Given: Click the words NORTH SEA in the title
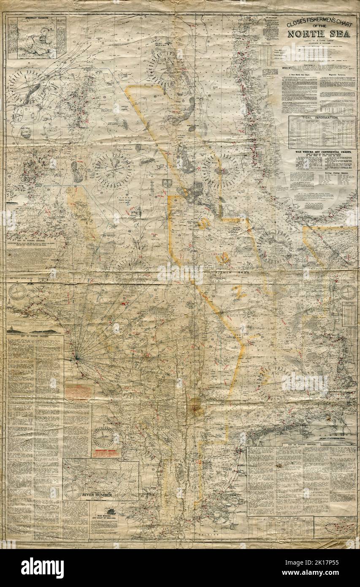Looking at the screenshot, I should (319, 34).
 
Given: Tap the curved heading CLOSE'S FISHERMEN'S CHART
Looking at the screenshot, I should (319, 22).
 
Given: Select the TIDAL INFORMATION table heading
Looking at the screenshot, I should (322, 118).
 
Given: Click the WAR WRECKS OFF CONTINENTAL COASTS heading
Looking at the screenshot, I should (322, 152).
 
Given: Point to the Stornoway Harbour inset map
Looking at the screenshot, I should (37, 38).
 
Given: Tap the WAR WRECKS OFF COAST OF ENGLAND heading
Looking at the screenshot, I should (104, 517).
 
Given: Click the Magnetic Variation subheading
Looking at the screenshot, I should (337, 75).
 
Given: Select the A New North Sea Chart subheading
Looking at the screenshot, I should (299, 75).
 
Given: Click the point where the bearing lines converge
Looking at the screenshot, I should (76, 359).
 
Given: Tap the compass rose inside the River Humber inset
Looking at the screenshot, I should (73, 490).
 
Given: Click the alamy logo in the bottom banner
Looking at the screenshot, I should (42, 568).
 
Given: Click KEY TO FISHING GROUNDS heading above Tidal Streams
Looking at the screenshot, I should (301, 444).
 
